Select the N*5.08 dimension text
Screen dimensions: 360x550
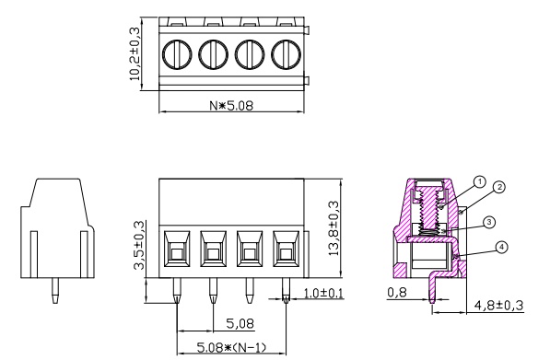tap(230, 103)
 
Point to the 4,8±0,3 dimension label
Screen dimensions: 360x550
tap(498, 305)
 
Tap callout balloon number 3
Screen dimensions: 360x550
tap(489, 222)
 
